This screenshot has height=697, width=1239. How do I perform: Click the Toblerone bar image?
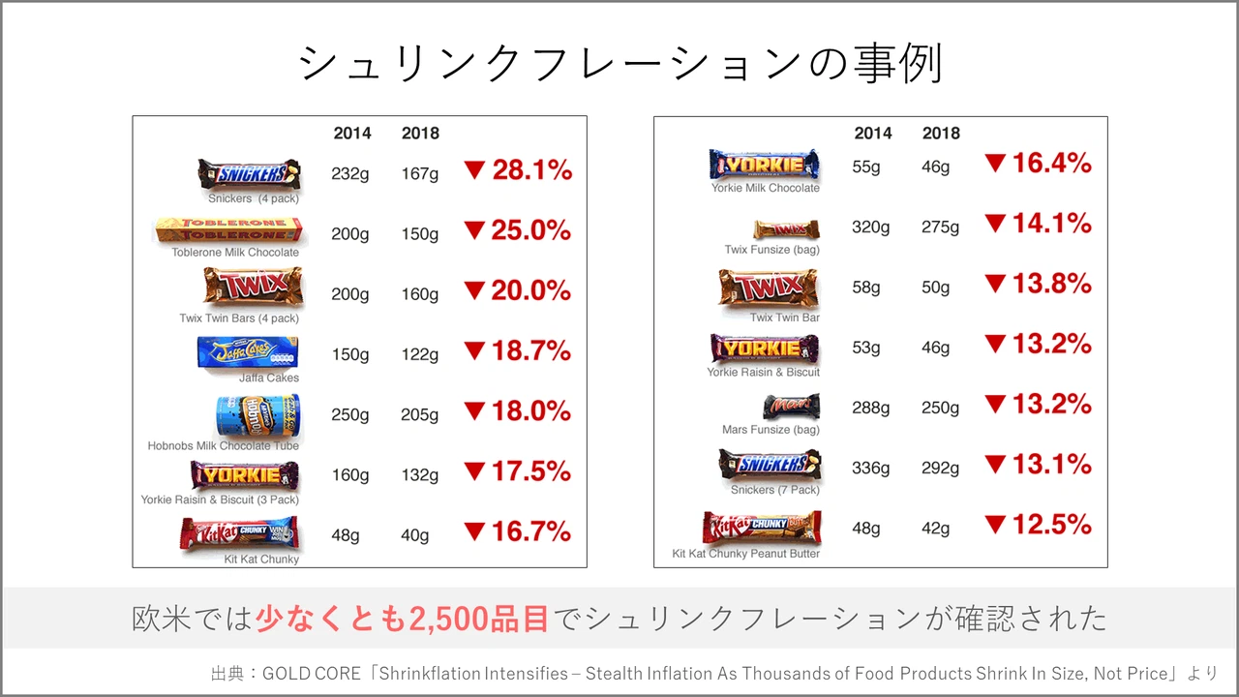tap(228, 230)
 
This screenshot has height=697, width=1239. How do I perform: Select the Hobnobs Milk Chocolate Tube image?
tap(257, 415)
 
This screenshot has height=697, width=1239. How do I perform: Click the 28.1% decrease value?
tap(531, 171)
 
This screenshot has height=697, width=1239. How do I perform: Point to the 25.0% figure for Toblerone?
tap(531, 231)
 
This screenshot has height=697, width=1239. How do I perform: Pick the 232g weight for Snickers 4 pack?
tap(349, 174)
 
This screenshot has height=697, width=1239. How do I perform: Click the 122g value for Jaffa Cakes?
tap(420, 354)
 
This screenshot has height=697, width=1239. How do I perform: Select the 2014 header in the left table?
tap(352, 134)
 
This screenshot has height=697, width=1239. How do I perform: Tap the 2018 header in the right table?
tap(941, 134)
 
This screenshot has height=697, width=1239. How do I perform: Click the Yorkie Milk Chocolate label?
tap(765, 188)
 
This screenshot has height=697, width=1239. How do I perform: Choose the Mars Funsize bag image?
tap(791, 407)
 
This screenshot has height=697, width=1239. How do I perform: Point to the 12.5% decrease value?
tap(1051, 526)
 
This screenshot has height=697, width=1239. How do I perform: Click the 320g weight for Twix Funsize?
tap(870, 227)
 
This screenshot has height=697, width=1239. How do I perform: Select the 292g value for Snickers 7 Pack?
tap(940, 469)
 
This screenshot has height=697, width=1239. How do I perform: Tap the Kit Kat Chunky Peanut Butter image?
tap(762, 529)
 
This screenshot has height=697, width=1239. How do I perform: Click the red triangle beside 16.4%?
tap(995, 164)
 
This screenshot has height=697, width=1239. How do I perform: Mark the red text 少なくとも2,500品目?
tap(403, 619)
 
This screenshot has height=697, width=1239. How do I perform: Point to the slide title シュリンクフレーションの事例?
tap(619, 64)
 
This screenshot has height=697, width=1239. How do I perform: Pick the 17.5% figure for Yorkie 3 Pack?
tap(531, 472)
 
